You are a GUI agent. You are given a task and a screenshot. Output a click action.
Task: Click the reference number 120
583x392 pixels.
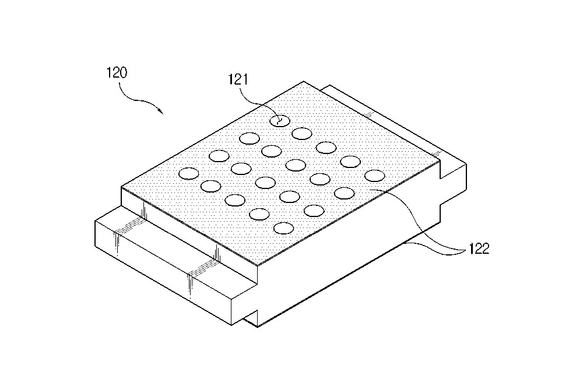117,73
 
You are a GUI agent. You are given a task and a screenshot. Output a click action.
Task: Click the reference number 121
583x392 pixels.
238,79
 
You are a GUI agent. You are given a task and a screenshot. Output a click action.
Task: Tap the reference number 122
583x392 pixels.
479,249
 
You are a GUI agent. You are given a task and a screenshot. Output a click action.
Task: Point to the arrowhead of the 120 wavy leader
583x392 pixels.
161,111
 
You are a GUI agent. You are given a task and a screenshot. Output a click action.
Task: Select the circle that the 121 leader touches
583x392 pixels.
280,121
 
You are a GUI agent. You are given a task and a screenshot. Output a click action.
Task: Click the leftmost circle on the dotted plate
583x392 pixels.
189,173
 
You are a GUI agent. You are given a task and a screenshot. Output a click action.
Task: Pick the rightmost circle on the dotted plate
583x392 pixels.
375,176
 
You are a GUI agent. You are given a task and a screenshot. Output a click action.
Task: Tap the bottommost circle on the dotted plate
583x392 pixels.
283,228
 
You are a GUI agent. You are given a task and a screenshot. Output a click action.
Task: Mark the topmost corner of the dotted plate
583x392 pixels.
304,81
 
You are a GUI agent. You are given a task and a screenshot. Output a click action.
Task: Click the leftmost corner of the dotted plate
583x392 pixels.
122,187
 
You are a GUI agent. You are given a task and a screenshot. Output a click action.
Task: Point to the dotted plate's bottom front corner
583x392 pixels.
258,265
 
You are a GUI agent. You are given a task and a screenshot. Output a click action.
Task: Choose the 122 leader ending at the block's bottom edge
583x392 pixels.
435,248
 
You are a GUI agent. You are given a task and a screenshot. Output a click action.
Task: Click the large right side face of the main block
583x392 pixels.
349,260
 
